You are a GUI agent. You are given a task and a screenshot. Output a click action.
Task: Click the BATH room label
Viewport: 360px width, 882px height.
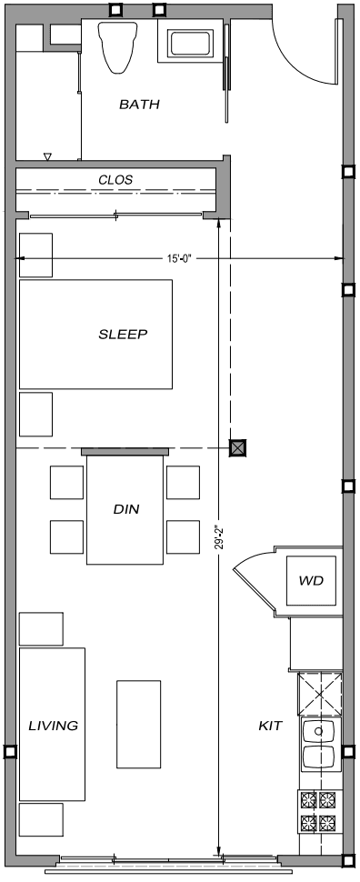tap(139, 105)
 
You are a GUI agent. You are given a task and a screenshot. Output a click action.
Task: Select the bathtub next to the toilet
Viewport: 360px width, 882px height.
tap(189, 43)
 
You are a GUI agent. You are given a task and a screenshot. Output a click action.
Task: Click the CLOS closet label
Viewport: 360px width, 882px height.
tap(115, 180)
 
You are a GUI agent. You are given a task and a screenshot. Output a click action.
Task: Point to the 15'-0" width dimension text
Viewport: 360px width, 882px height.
tap(179, 259)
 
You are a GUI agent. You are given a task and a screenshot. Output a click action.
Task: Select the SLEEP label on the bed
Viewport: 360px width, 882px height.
tap(123, 334)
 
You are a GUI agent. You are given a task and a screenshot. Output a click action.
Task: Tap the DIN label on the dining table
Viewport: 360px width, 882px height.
tap(125, 509)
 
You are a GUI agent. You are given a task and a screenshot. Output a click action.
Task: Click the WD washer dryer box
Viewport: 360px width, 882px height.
tap(312, 580)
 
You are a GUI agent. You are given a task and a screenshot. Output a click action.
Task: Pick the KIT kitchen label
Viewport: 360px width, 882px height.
tap(270, 726)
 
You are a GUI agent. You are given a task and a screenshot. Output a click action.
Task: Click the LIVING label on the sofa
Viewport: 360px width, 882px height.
tap(53, 726)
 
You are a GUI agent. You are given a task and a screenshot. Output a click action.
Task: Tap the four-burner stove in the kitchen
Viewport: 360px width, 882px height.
tap(318, 811)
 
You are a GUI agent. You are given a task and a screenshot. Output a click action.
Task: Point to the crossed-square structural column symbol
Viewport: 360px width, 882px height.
tap(238, 446)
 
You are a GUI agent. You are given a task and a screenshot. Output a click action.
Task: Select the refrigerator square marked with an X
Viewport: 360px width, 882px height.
tap(318, 693)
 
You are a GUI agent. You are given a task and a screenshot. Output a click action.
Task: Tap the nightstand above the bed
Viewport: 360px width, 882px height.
tap(36, 255)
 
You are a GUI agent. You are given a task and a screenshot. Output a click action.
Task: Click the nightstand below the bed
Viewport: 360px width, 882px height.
tap(36, 414)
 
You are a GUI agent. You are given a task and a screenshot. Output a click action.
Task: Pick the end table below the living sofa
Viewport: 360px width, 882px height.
tap(41, 819)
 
